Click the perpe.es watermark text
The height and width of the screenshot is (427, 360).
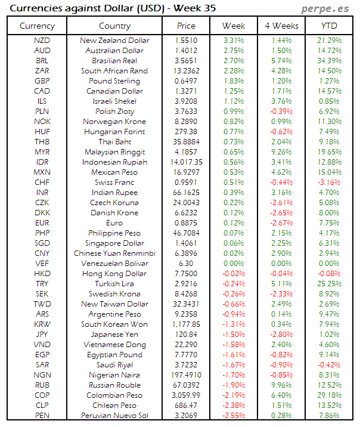tap(326, 9)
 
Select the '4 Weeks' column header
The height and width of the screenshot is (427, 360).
tap(281, 26)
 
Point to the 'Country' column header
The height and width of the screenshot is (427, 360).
tap(114, 26)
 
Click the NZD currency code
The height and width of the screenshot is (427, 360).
tap(42, 41)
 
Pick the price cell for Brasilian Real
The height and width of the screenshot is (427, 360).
tap(186, 61)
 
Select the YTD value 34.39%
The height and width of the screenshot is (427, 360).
tap(329, 61)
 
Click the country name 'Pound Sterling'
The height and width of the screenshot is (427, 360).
tap(114, 81)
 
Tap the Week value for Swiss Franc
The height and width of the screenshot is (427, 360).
tap(234, 182)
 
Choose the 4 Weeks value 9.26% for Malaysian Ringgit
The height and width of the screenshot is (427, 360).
tap(281, 152)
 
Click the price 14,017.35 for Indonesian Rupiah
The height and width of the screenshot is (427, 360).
tap(186, 162)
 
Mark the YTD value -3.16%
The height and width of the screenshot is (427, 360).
tap(329, 182)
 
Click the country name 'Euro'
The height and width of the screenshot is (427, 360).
tap(114, 223)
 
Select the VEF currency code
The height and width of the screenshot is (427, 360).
tap(42, 264)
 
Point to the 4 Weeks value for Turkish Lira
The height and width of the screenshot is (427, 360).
tap(281, 284)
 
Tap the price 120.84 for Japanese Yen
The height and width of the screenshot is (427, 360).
tap(186, 335)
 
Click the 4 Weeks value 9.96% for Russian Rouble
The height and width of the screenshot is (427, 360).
tap(281, 385)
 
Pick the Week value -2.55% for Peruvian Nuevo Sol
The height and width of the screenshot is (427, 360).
tap(234, 416)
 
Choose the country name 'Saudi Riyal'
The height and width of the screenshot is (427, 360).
tap(114, 365)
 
